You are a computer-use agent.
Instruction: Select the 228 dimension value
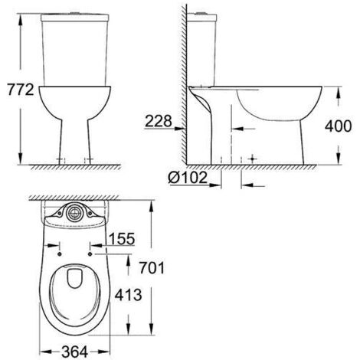click(158, 120)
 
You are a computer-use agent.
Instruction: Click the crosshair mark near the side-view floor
click(251, 157)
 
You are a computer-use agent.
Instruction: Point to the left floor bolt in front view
click(61, 160)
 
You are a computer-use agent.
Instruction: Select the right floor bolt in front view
click(90, 160)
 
